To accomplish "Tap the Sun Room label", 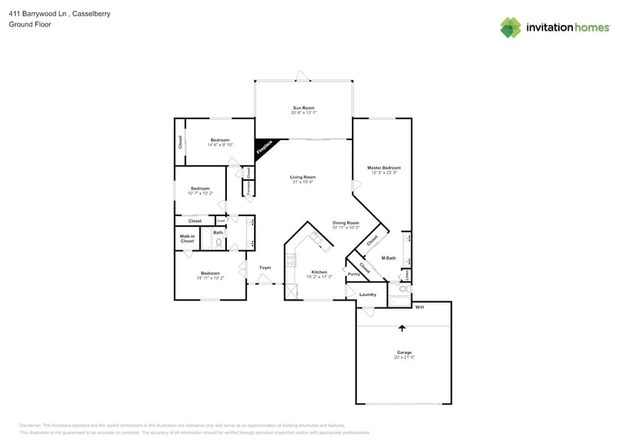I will coord(304,108).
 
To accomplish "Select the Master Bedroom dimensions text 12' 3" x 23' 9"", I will coord(383,173).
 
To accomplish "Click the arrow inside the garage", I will coord(402,328).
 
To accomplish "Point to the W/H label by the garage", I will coord(420,307).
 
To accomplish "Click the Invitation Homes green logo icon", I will coord(511,27).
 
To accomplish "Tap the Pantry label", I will coord(353,274).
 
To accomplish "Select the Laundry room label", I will coord(368,295).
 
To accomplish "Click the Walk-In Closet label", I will coord(187,239).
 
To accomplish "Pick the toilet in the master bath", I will coord(400,289).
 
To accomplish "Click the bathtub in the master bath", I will coord(399,303).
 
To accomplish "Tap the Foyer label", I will coord(265,267).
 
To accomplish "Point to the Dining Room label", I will coord(346,222).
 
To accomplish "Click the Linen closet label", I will coord(408,274).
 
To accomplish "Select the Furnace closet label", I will coord(248,188).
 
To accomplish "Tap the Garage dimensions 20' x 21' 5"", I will coord(405,357).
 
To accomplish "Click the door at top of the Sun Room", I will coord(302,76).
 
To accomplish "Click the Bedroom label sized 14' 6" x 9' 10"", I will coord(220,140).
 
